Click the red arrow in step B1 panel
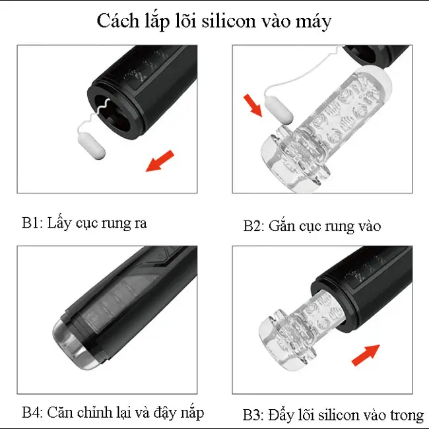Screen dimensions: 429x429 pyautogui.click(x=160, y=160)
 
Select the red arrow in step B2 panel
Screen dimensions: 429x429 pyautogui.click(x=253, y=106)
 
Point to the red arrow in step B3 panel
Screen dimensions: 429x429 pyautogui.click(x=366, y=355)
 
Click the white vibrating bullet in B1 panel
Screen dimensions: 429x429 pyautogui.click(x=92, y=146)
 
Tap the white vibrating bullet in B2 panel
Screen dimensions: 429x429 pyautogui.click(x=279, y=111)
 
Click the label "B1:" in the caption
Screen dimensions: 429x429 pyautogui.click(x=32, y=222)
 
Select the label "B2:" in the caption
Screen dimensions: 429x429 pyautogui.click(x=253, y=226)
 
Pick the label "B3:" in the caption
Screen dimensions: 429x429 pyautogui.click(x=253, y=415)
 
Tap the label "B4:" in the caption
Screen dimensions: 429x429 pyautogui.click(x=32, y=412)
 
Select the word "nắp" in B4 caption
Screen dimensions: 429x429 pyautogui.click(x=194, y=413)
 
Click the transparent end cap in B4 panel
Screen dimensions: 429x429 pyautogui.click(x=73, y=346)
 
